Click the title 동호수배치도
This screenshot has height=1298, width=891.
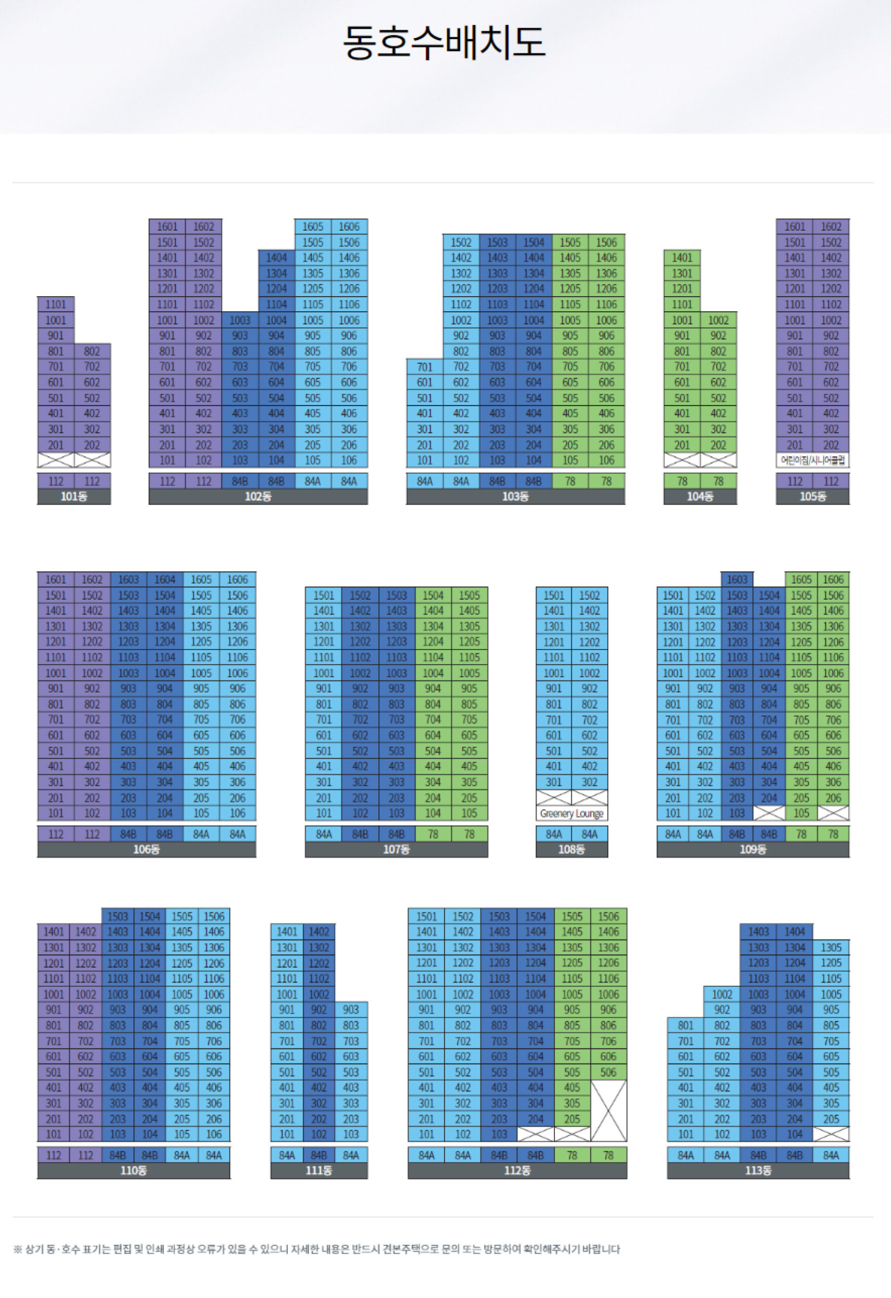point(444,43)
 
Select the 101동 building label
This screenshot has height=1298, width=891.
point(73,496)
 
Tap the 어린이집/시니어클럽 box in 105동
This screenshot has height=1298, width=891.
point(812,460)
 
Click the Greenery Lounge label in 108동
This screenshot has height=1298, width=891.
point(572,814)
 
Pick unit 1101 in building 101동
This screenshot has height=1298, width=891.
point(56,304)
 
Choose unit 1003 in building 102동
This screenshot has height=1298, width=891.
point(240,320)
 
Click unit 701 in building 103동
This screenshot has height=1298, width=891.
point(425,367)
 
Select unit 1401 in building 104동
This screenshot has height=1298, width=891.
point(682,258)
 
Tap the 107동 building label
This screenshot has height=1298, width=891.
point(396,849)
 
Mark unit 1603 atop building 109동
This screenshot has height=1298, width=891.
point(737,580)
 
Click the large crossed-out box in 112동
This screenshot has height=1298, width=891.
point(609,1110)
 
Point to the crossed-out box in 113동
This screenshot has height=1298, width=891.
point(831,1134)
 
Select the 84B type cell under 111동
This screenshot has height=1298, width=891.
point(319,1155)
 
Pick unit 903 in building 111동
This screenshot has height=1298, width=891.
point(351,1010)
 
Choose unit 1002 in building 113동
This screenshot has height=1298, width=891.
point(722,994)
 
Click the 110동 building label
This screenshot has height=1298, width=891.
point(133,1171)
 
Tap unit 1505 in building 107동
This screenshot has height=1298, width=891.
point(469,595)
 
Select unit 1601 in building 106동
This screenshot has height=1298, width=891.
point(56,580)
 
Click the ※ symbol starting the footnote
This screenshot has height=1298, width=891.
point(18,1249)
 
